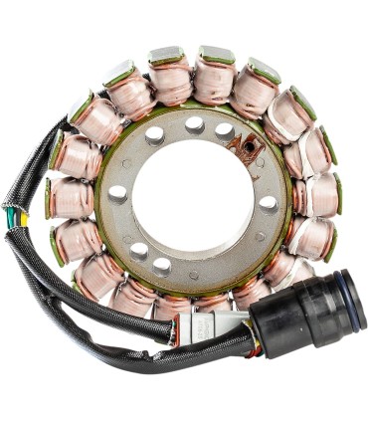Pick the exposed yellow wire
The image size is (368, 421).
21,220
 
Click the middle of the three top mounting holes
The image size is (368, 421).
195,124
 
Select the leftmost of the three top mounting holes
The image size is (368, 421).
156,135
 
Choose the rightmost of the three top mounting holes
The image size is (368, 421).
226,129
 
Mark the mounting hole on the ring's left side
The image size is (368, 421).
118,193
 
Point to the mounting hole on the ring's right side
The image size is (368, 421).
269,203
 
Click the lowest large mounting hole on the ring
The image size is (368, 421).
161,266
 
